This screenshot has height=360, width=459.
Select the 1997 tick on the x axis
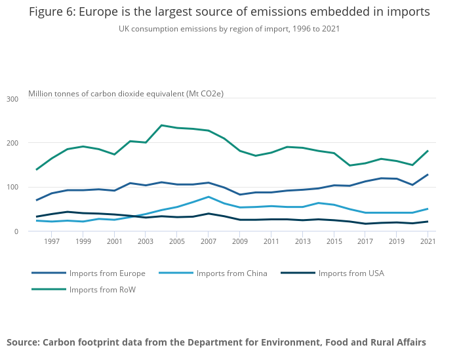click(x=52, y=242)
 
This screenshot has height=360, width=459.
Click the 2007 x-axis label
click(x=209, y=242)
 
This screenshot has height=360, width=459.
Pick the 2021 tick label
click(x=428, y=242)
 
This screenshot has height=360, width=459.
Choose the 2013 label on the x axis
click(x=303, y=242)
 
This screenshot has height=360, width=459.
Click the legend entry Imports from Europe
click(x=107, y=273)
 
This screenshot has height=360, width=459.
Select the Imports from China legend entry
click(x=231, y=273)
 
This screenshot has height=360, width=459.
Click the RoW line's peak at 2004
click(x=161, y=125)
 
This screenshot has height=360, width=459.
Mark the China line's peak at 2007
click(x=209, y=197)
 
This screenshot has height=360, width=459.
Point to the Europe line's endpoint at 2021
click(x=428, y=174)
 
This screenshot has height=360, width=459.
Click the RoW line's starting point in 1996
click(x=37, y=170)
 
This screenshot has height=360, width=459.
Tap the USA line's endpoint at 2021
click(x=428, y=222)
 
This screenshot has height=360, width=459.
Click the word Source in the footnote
click(x=24, y=342)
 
